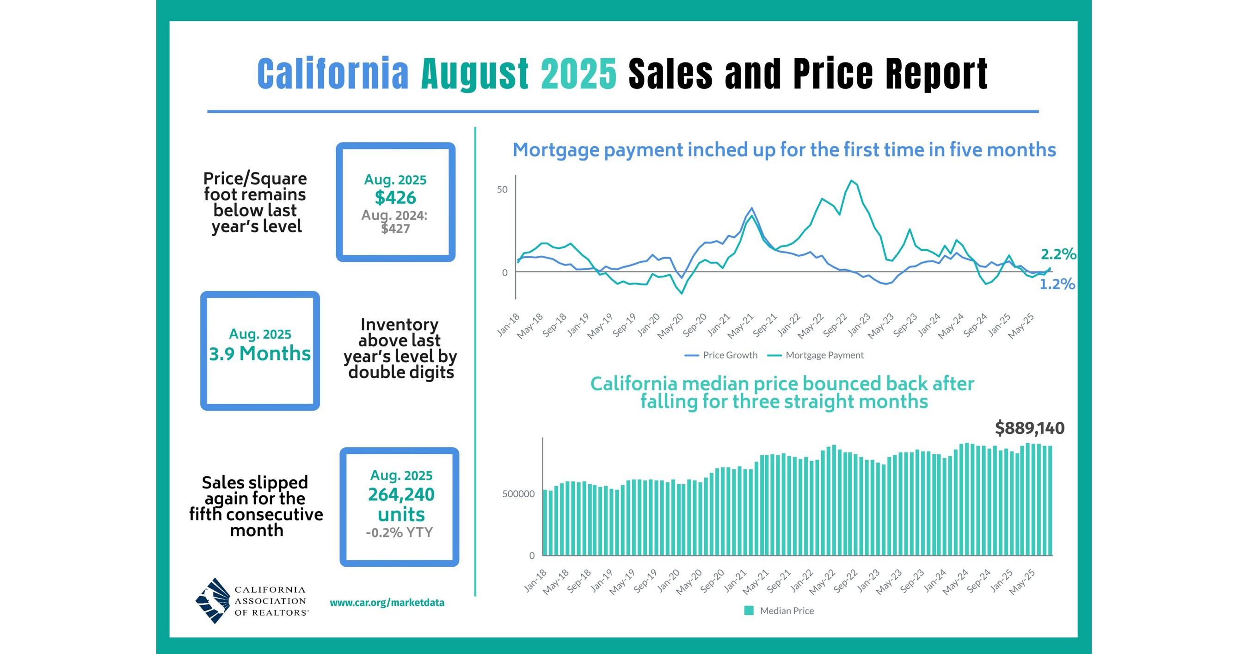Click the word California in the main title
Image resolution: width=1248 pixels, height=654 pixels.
click(x=333, y=74)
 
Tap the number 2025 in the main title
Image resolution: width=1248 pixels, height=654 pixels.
click(x=578, y=74)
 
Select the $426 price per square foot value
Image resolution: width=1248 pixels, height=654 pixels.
click(x=395, y=197)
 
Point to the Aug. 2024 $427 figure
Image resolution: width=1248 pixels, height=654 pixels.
click(x=395, y=222)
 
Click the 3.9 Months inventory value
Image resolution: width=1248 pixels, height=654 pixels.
click(x=260, y=354)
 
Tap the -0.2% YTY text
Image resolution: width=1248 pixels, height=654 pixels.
click(x=399, y=532)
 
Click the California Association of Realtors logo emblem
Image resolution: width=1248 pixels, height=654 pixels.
click(x=213, y=601)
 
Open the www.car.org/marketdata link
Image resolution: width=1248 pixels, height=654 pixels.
click(x=387, y=603)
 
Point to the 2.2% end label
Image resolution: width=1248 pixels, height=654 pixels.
click(x=1058, y=254)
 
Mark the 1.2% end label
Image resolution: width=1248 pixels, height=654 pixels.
click(x=1057, y=284)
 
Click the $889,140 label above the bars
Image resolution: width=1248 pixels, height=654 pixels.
click(x=1029, y=428)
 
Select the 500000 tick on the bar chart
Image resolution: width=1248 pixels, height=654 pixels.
click(x=518, y=494)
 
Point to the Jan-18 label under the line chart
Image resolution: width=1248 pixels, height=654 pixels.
click(x=508, y=325)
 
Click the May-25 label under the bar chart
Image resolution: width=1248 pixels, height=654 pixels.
click(x=1022, y=582)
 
